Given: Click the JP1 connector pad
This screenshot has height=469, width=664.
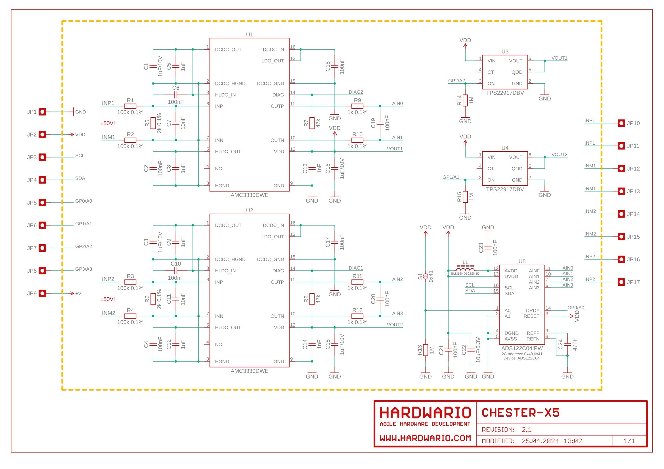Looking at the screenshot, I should [43, 112].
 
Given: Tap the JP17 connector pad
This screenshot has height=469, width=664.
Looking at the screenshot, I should [621, 282].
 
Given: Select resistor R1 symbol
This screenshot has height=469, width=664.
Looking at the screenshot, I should [130, 106].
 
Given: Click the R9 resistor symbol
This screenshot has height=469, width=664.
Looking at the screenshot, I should [357, 106].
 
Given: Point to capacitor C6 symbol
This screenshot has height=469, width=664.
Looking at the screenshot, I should [175, 95].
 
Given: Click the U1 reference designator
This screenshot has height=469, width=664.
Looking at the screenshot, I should [250, 34].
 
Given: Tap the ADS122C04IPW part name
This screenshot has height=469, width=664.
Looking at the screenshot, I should [522, 348].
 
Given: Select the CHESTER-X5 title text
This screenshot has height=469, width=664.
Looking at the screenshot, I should [521, 413].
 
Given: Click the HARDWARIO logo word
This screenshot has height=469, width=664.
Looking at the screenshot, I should [426, 413].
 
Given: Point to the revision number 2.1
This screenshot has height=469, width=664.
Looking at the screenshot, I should [527, 430].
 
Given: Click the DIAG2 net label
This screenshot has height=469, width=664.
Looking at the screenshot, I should [356, 92].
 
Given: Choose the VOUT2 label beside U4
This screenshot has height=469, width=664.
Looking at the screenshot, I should [559, 155].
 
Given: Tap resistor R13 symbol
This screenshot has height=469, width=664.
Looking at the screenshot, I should [426, 350].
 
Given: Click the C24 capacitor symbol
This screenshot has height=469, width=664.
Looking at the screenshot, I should [567, 344].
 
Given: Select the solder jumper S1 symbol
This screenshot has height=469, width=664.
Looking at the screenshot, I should [426, 277].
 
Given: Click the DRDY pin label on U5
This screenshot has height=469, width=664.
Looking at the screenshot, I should [533, 311].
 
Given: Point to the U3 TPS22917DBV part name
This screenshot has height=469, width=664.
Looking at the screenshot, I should [505, 93].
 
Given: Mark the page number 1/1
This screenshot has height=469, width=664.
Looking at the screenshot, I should [629, 441].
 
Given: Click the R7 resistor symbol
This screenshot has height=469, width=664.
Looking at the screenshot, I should [312, 123].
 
